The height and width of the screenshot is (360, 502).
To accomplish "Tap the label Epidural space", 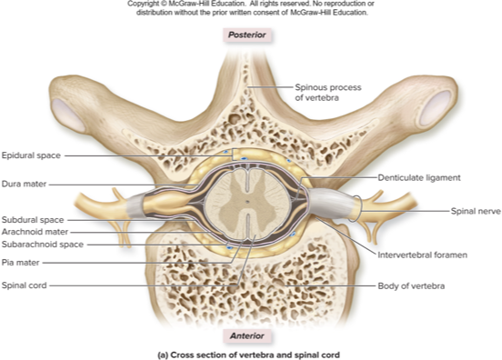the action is pos(32,155).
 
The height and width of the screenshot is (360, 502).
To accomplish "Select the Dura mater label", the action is pos(25,184).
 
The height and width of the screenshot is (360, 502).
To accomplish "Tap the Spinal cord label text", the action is pos(25,285).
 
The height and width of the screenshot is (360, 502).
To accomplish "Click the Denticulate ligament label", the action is pos(418,177).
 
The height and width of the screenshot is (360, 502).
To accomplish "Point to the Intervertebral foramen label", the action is pos(422,255).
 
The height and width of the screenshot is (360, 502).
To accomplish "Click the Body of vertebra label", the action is pos(414,285).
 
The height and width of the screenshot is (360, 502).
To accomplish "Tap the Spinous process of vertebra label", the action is pos(329,88).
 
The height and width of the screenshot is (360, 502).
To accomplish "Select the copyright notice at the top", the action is pos(249,8).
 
